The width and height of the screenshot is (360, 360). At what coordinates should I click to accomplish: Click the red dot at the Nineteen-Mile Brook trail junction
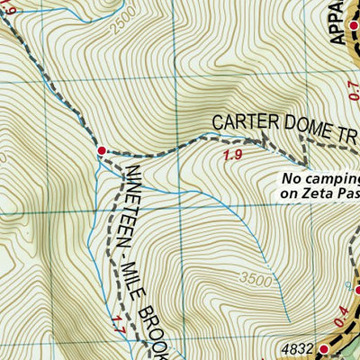(x=102, y=150)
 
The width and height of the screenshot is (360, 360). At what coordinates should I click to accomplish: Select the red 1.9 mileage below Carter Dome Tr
(x=231, y=157)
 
